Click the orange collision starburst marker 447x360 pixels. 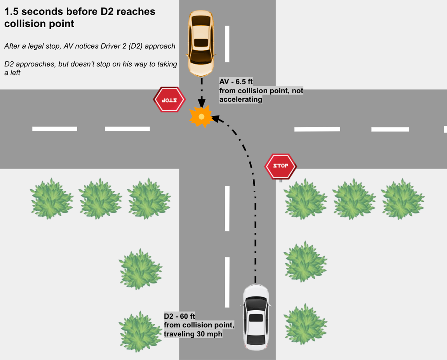(x=201, y=116)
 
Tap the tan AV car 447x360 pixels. (x=201, y=43)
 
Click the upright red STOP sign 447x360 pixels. (x=280, y=166)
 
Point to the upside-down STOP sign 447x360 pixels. (x=169, y=100)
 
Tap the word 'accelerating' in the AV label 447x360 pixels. (x=241, y=100)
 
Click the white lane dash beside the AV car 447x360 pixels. (x=227, y=44)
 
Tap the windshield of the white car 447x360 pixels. (x=256, y=303)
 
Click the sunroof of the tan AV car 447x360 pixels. (x=201, y=42)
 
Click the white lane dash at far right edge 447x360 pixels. (x=445, y=129)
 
